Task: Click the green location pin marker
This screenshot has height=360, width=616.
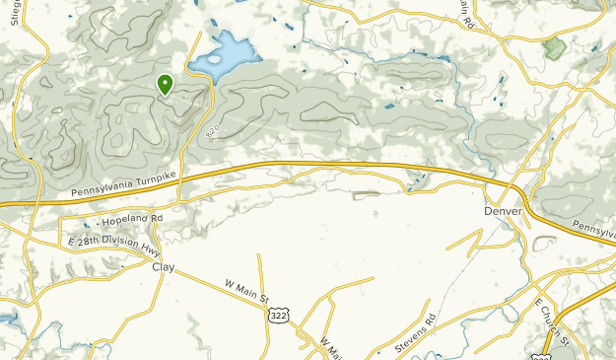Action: (165, 85)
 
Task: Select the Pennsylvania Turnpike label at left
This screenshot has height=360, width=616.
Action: (123, 182)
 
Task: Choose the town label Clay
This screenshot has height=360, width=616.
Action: (163, 266)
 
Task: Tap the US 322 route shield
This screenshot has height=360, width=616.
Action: (277, 313)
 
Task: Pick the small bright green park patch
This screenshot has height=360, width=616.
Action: (555, 46)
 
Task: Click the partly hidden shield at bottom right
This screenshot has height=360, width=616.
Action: (541, 356)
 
